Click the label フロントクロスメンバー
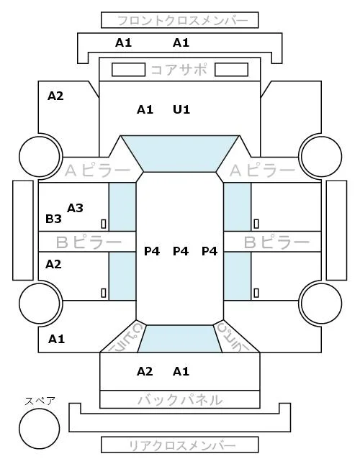coord(182,21)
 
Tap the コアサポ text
coord(179,70)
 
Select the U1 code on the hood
coord(181,110)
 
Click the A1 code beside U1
coord(145,110)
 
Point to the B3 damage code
coord(53,219)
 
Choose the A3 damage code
coord(75,209)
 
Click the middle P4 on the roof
coord(181,251)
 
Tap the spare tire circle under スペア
coord(40,428)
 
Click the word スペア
coord(40,401)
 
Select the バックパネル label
coord(180,400)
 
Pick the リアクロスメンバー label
coord(182,445)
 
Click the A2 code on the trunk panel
coord(145,371)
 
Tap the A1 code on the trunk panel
coord(181,371)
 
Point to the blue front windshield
coord(180,153)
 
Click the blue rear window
coord(180,339)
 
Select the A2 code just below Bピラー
coord(53,264)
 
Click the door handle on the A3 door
coord(104,224)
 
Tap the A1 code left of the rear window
coord(57,339)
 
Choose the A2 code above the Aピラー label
coord(55,96)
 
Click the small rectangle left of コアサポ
coord(128,70)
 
